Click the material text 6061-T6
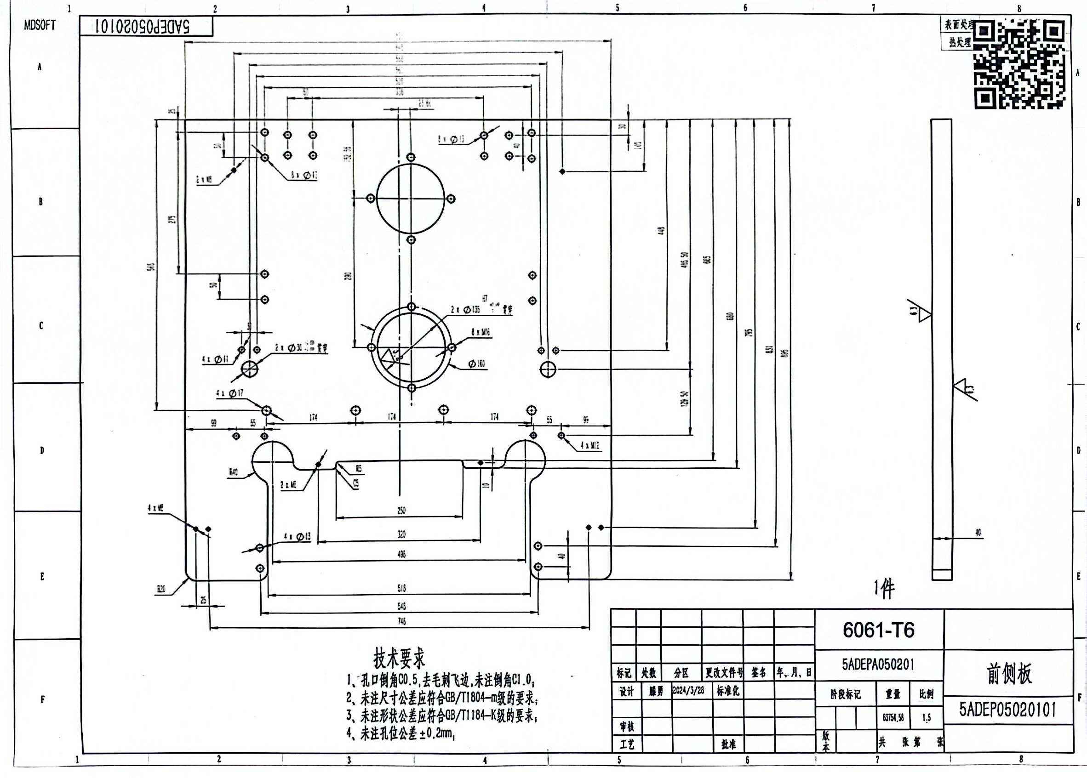(879, 630)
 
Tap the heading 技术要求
(399, 658)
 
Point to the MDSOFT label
(40, 25)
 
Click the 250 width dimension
(401, 510)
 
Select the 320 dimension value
(401, 534)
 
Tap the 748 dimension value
(401, 621)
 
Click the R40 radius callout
(234, 472)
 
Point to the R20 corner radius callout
(161, 589)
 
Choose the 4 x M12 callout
(590, 446)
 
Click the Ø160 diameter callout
(477, 364)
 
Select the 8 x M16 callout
(480, 332)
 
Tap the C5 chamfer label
(355, 484)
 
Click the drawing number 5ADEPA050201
(878, 664)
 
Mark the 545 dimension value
(401, 606)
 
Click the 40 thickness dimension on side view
(978, 532)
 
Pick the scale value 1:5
(927, 718)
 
